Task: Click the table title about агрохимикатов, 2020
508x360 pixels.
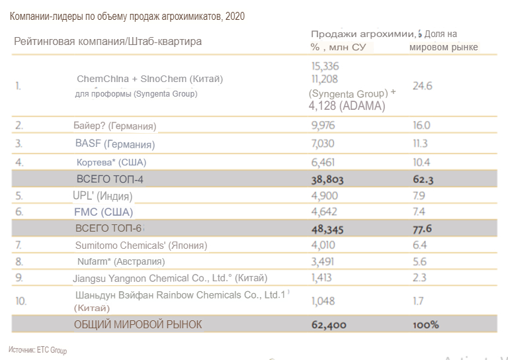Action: coord(127,16)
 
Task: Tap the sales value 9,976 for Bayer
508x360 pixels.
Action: coord(323,125)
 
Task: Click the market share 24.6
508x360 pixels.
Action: coord(422,86)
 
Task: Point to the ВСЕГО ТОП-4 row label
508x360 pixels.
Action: coord(111,179)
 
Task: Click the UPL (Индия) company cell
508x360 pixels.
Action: coord(103,196)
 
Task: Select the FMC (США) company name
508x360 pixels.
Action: coord(104,212)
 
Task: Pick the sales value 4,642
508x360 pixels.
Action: coord(323,212)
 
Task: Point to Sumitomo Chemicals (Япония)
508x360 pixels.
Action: coord(141,246)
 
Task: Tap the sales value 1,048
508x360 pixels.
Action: coord(323,301)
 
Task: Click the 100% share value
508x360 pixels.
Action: coord(425,325)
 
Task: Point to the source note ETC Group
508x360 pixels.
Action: coord(38,350)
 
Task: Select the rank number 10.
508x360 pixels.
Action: coord(21,301)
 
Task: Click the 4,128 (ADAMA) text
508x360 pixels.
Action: coord(347,105)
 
